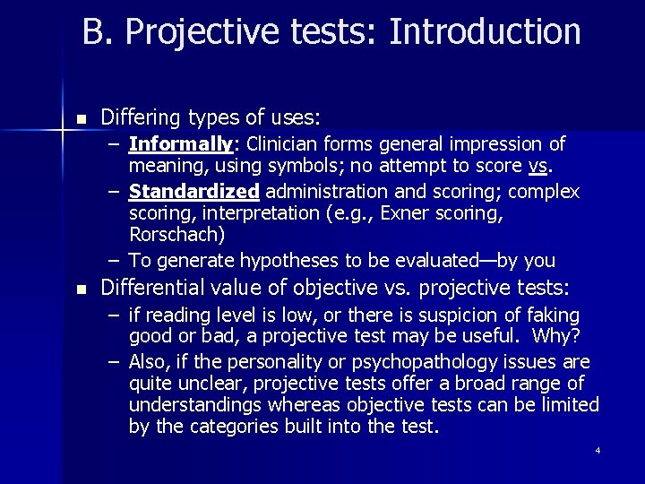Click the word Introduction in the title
[485, 32]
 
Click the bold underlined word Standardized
[194, 192]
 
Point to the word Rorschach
[176, 236]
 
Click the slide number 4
[598, 450]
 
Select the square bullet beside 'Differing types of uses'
[82, 119]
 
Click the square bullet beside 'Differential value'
[82, 290]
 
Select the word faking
[555, 315]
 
